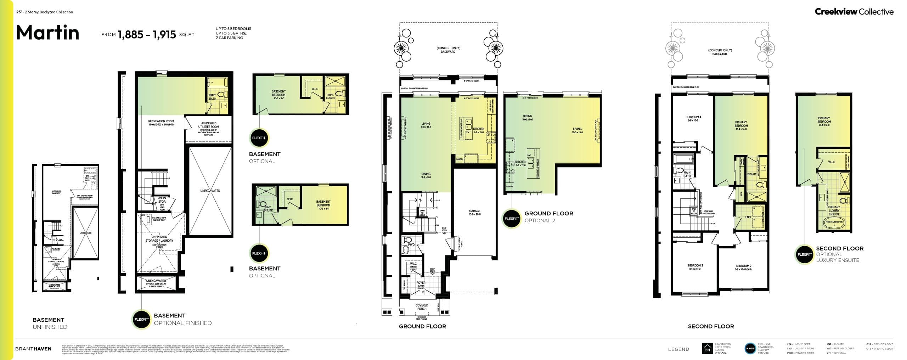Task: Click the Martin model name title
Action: pos(48,33)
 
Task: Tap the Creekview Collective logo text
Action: pos(854,12)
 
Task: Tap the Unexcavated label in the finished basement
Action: pos(210,191)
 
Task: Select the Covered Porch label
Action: pos(422,307)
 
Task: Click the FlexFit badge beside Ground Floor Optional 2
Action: pos(511,219)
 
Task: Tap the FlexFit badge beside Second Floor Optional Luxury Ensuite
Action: pos(804,254)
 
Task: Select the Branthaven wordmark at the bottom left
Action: pos(33,349)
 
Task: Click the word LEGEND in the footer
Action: pos(678,349)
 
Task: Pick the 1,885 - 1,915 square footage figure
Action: pos(147,34)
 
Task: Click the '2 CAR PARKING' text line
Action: pos(229,38)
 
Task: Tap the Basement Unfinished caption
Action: pos(50,323)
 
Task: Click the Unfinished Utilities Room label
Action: pos(208,125)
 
